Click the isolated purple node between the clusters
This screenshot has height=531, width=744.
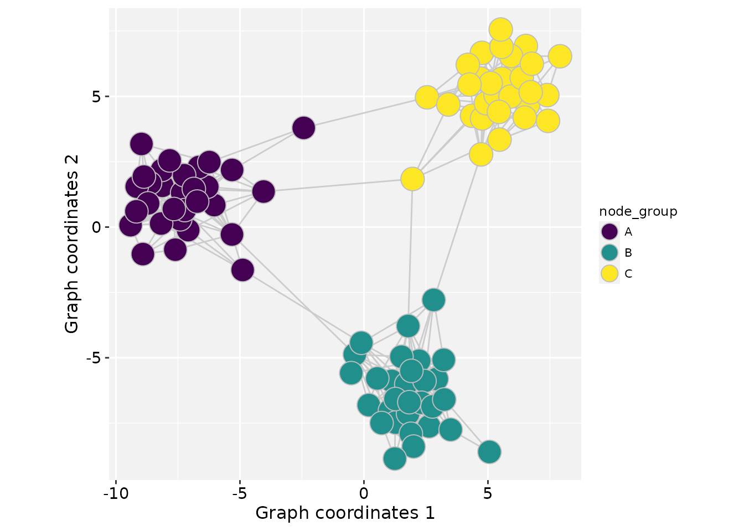(x=303, y=128)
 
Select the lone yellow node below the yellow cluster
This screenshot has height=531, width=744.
(x=412, y=179)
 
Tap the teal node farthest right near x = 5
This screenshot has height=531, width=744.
(x=489, y=452)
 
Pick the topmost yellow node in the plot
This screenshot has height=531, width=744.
(x=500, y=29)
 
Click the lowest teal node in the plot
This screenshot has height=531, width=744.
(x=394, y=458)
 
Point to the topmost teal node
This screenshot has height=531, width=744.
(x=433, y=300)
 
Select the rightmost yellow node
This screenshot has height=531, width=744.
(x=560, y=56)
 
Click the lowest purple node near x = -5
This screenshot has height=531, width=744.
(x=242, y=270)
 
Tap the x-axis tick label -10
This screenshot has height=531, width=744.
(x=115, y=493)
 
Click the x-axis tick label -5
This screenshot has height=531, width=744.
(x=239, y=493)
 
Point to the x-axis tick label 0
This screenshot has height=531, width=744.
(x=364, y=493)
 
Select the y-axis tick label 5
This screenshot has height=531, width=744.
(x=97, y=97)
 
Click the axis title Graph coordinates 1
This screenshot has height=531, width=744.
(x=345, y=513)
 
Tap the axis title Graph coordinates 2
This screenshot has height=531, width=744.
(x=72, y=243)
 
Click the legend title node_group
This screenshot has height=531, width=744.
(x=638, y=211)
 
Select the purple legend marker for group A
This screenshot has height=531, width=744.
(x=609, y=232)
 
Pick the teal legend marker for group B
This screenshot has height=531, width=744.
(x=609, y=253)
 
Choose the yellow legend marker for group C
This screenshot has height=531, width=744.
(x=609, y=273)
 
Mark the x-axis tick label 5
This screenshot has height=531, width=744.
(x=488, y=493)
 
